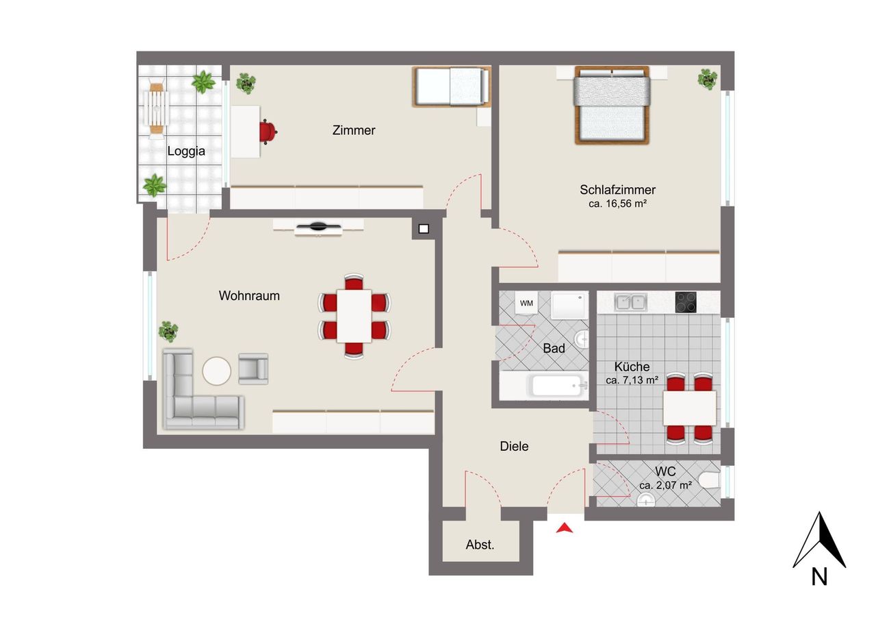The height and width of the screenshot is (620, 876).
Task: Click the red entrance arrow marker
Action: click(x=565, y=528)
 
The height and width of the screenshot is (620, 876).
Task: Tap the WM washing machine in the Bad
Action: click(x=526, y=303)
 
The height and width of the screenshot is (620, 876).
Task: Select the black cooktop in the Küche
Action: click(x=686, y=302)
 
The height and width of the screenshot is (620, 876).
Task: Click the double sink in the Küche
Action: click(x=630, y=302)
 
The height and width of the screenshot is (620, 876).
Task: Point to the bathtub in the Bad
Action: click(x=556, y=386)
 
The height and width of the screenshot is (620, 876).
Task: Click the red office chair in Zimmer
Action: click(x=268, y=132)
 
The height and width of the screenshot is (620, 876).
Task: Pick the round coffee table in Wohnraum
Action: click(x=217, y=371)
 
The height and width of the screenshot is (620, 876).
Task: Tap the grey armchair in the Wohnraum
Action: click(x=253, y=369)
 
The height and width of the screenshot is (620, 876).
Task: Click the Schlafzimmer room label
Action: click(x=617, y=190)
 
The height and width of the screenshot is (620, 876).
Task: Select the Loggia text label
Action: click(x=186, y=151)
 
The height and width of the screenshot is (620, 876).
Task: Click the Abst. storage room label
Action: click(x=480, y=545)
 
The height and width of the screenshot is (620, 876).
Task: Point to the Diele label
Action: click(x=514, y=446)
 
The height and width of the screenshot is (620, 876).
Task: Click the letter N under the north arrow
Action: click(x=819, y=577)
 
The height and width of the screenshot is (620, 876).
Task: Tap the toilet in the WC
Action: click(x=709, y=481)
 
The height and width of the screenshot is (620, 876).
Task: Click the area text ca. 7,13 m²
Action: click(x=632, y=380)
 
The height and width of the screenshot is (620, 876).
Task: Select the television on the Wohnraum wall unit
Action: click(x=318, y=227)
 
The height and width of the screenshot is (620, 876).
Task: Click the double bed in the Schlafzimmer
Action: click(x=612, y=106)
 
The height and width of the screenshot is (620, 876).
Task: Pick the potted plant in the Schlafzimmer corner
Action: click(x=708, y=79)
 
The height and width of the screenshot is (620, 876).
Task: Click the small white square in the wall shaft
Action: click(x=424, y=229)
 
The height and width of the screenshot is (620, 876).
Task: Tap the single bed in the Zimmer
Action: click(x=452, y=86)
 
